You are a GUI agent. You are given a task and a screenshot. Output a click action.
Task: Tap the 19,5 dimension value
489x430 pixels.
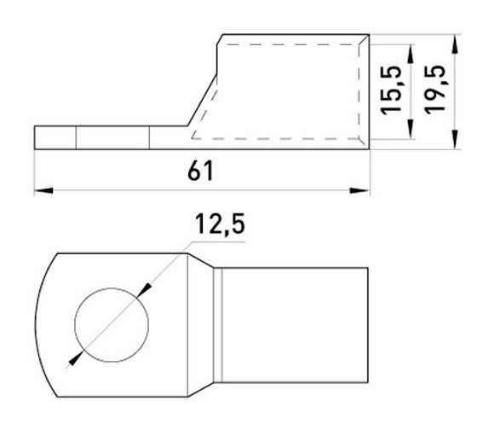click(435, 92)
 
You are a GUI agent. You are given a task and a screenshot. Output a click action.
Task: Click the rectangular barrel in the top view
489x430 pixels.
click(294, 324)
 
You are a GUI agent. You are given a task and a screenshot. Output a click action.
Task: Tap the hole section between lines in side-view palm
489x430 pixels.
click(112, 137)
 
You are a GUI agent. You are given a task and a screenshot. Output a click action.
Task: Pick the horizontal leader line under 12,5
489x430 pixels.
click(217, 243)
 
